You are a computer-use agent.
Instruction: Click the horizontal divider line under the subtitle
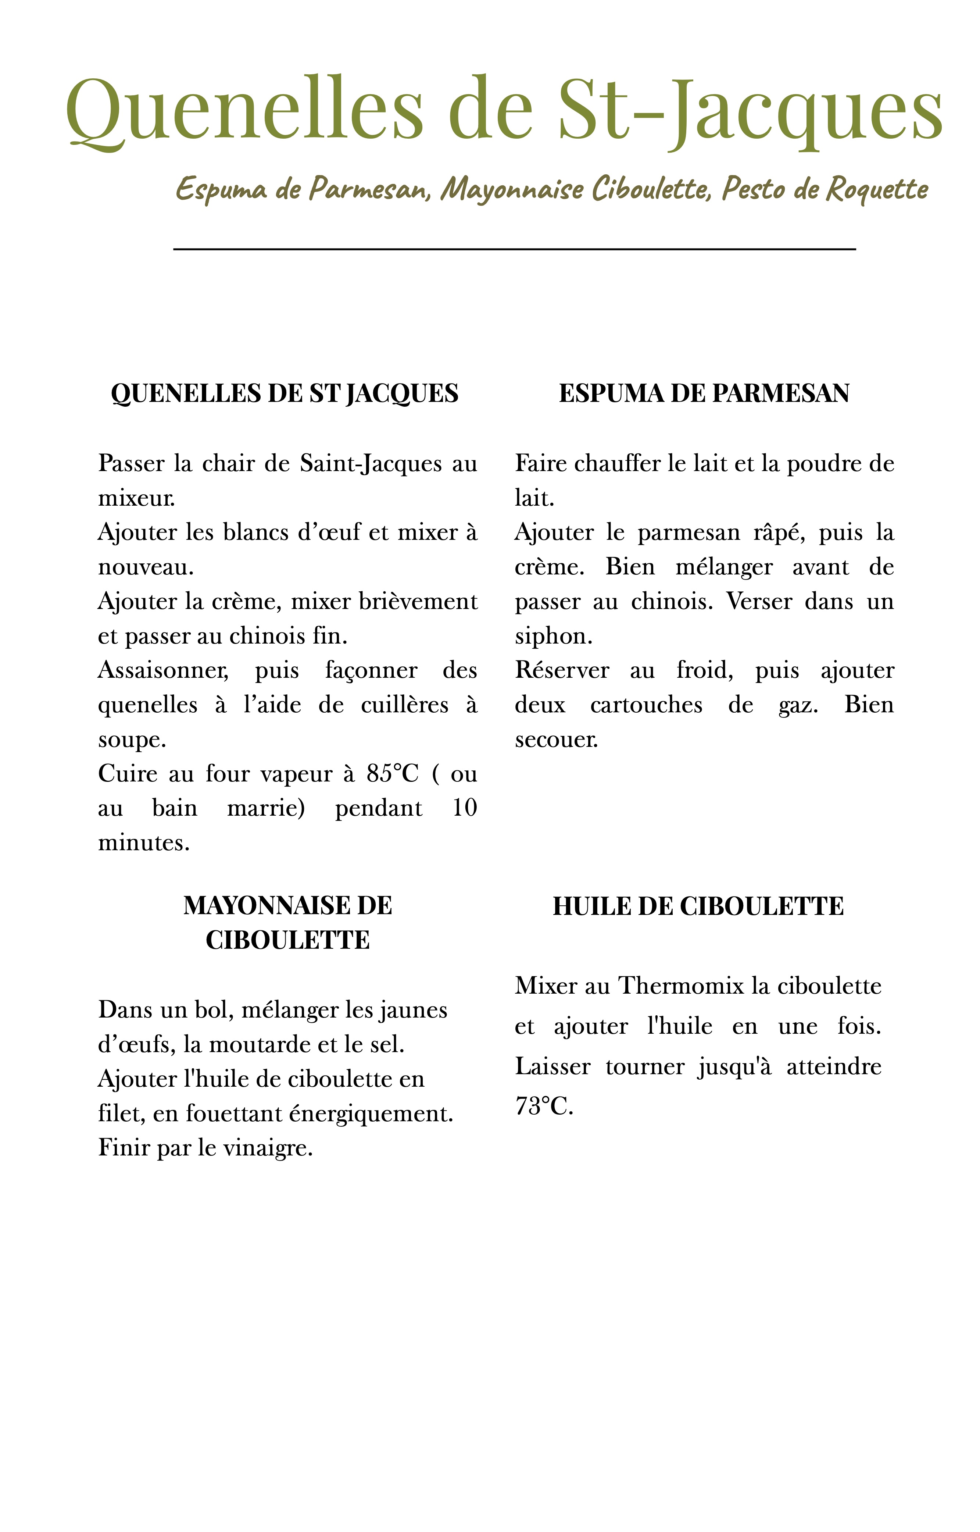pos(514,249)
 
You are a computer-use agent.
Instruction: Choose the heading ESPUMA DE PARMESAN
pos(704,393)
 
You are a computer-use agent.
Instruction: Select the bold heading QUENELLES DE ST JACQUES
pos(285,393)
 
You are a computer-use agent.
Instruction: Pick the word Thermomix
pos(681,986)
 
